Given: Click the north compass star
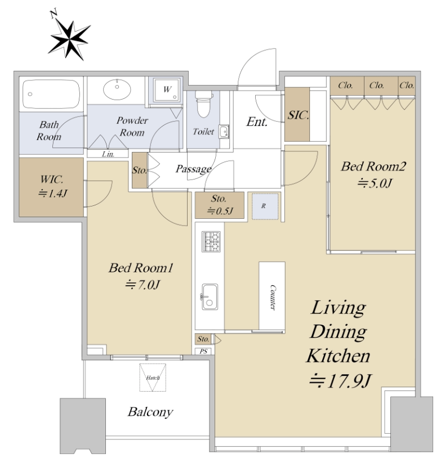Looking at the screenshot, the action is (69, 39).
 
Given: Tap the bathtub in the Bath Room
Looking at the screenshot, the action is (51, 94).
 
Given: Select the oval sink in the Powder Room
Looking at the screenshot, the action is (117, 89).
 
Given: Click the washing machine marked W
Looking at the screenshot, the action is (167, 89).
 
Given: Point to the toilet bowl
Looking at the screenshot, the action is (204, 104).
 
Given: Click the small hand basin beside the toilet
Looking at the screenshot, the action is (224, 132).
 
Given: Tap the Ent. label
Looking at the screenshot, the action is (257, 122).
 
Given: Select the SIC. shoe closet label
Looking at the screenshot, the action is (298, 115).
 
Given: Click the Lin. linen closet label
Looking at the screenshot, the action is (108, 154).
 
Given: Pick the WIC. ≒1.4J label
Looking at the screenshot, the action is (52, 186).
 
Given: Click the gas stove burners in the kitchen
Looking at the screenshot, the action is (211, 241).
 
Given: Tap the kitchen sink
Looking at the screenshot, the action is (210, 297).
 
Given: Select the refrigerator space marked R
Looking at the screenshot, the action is (265, 206).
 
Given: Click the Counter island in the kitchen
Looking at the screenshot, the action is (272, 297).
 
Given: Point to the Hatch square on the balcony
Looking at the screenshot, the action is (153, 378).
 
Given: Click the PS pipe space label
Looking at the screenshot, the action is (203, 352).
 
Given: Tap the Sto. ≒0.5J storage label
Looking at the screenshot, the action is (220, 205).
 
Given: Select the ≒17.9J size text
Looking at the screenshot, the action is (340, 381).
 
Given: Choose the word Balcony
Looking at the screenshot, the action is (150, 412).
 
